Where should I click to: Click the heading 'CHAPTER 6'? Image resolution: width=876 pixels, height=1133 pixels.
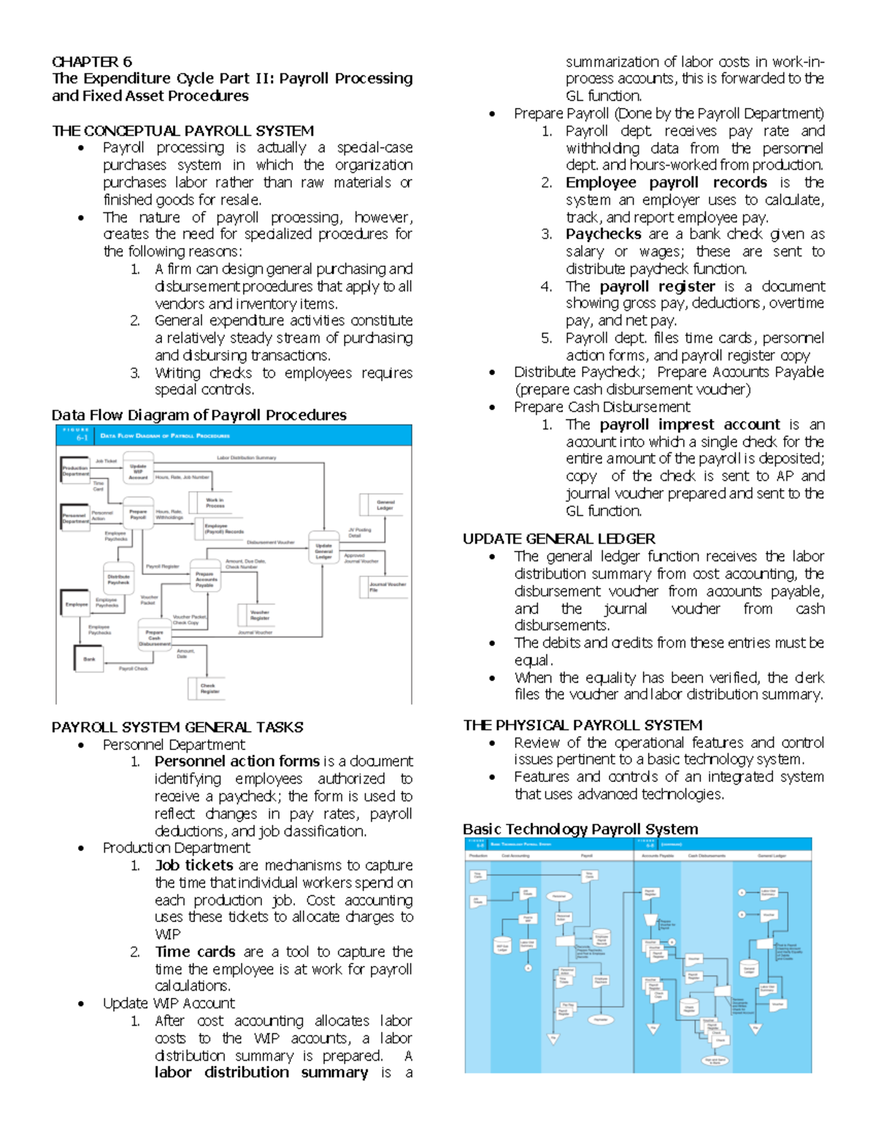click(x=91, y=61)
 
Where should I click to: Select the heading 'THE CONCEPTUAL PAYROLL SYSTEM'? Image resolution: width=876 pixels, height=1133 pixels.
click(x=182, y=131)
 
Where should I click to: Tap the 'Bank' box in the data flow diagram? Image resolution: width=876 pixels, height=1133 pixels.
click(x=89, y=659)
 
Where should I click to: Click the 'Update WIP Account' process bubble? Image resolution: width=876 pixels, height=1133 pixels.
click(x=138, y=471)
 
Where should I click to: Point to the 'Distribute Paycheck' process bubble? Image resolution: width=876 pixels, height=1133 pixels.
click(x=118, y=579)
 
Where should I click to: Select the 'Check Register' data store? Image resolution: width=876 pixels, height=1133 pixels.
click(x=209, y=688)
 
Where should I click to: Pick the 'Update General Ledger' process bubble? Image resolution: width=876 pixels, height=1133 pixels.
click(x=323, y=551)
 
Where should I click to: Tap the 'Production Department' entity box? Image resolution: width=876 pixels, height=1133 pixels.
click(x=74, y=471)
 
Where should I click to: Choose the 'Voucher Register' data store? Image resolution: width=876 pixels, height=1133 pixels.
click(x=259, y=615)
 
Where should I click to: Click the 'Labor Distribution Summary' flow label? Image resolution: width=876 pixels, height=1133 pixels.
click(x=246, y=457)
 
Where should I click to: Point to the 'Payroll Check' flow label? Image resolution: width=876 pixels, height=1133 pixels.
click(x=134, y=668)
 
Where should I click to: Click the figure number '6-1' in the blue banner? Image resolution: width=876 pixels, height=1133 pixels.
click(x=82, y=438)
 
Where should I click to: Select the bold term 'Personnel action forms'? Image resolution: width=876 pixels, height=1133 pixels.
click(x=237, y=761)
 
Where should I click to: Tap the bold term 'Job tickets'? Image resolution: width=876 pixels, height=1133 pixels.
click(x=193, y=865)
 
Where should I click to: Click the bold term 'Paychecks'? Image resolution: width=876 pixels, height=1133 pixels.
click(x=603, y=234)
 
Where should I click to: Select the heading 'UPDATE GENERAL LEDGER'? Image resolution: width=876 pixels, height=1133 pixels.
click(x=558, y=539)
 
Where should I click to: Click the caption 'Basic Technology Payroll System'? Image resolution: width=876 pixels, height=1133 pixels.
click(x=580, y=829)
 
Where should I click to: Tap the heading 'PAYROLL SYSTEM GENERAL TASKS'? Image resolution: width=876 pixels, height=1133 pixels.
click(x=177, y=727)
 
